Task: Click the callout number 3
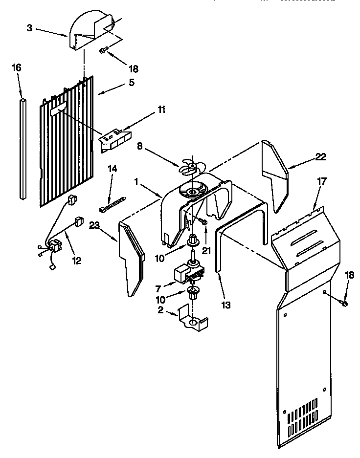click(x=29, y=28)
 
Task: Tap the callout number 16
click(x=16, y=67)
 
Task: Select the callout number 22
click(x=320, y=156)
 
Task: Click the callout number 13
click(x=225, y=305)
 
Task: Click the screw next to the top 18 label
click(x=103, y=50)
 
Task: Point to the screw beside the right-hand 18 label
click(x=343, y=304)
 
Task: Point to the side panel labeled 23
click(x=131, y=259)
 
